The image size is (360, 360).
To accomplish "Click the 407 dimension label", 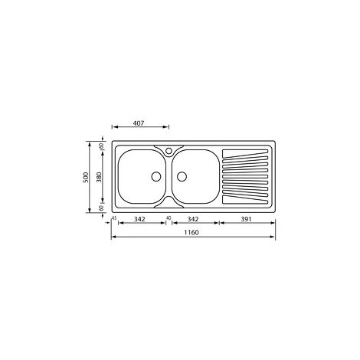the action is [x=139, y=123].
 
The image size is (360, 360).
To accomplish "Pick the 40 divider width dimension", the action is [x=169, y=218].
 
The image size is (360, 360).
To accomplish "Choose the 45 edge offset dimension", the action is [x=114, y=218].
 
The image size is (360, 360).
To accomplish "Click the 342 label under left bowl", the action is [x=139, y=219].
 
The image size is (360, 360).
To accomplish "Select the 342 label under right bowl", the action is [x=193, y=219].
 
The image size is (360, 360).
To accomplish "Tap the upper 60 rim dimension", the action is [x=101, y=146].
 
